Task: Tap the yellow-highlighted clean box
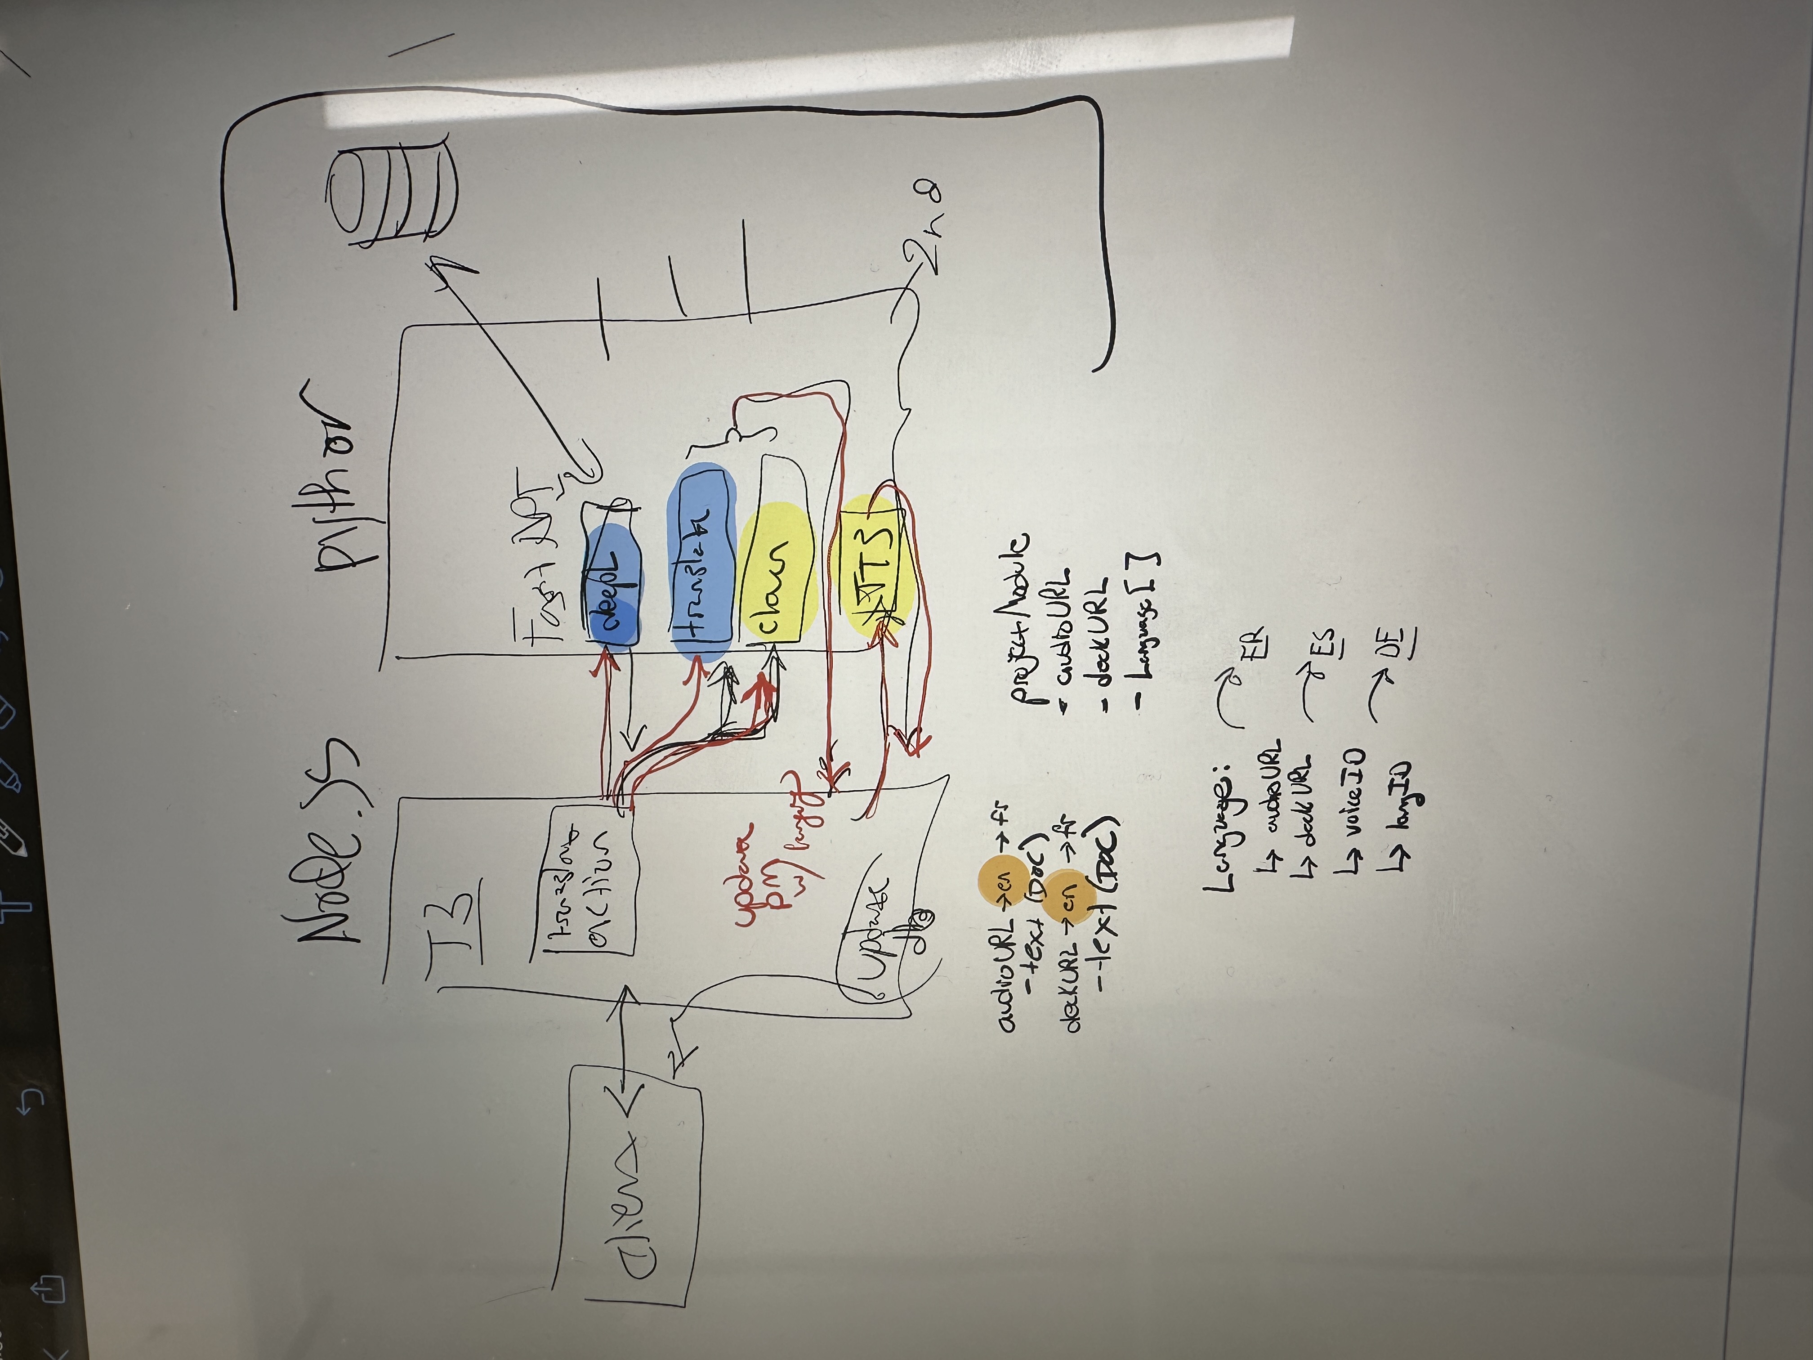point(775,574)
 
